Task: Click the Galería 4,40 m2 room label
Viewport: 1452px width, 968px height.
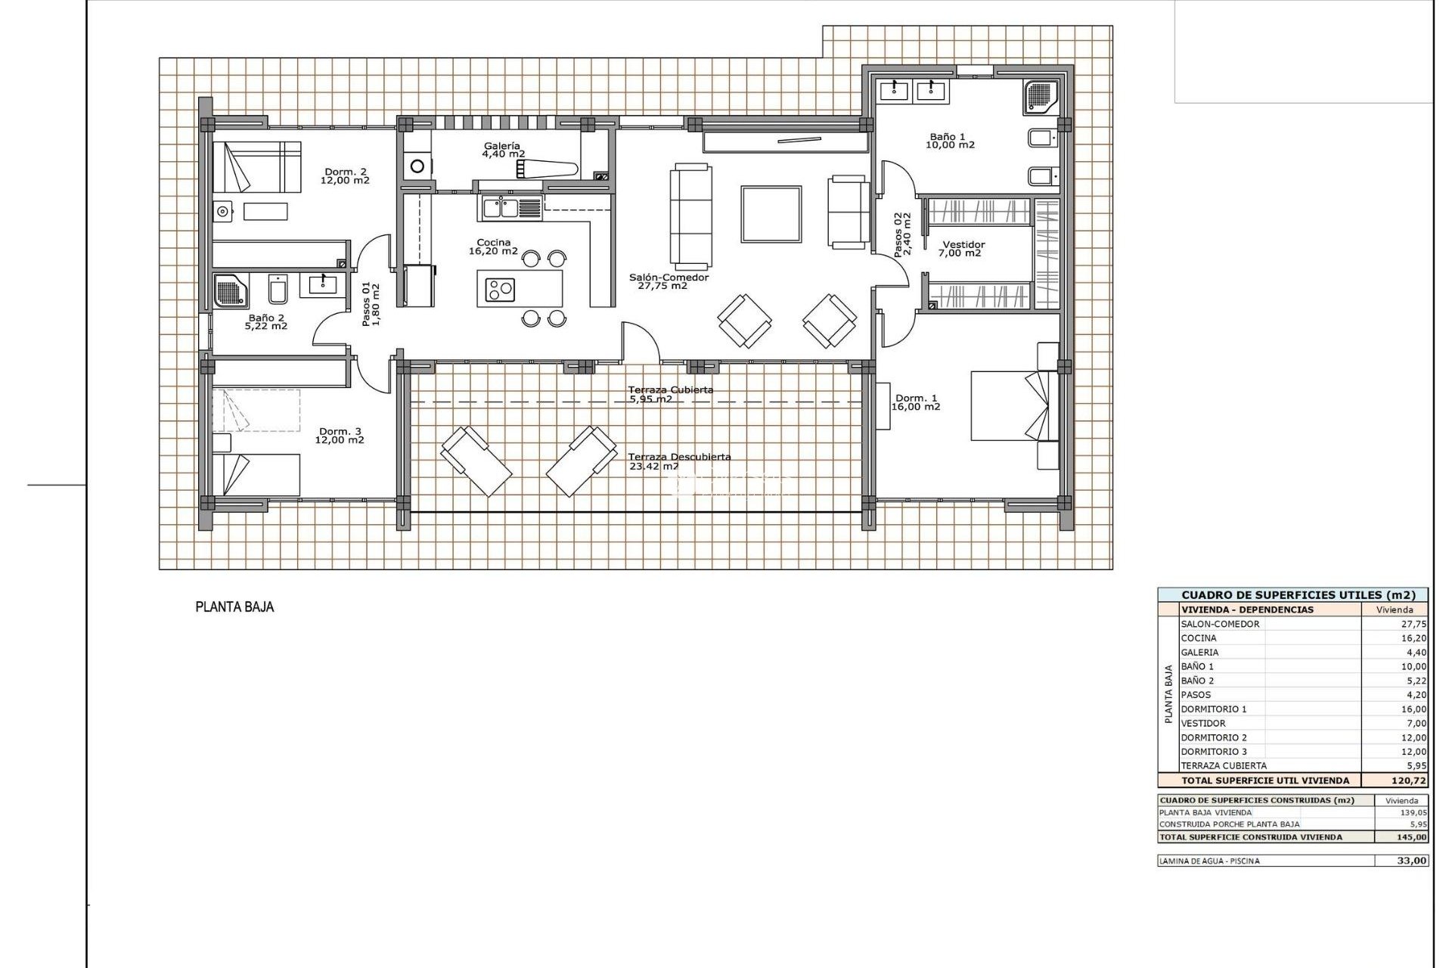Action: coord(503,150)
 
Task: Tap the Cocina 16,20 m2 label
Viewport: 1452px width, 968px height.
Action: coord(493,247)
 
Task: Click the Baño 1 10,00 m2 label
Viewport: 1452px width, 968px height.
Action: coord(951,141)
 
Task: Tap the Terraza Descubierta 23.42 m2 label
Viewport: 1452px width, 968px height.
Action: coord(678,461)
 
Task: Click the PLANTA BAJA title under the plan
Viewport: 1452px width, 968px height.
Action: coord(234,607)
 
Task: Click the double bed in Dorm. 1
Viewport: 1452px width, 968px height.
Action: coord(1006,405)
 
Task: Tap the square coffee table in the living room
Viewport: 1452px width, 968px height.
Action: coord(771,214)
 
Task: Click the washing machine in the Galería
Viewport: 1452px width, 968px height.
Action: coord(417,166)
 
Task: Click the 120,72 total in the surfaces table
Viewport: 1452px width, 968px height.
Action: coord(1408,780)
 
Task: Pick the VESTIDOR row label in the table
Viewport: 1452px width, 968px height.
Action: coord(1203,723)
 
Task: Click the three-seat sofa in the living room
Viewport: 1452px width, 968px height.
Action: coord(690,216)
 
